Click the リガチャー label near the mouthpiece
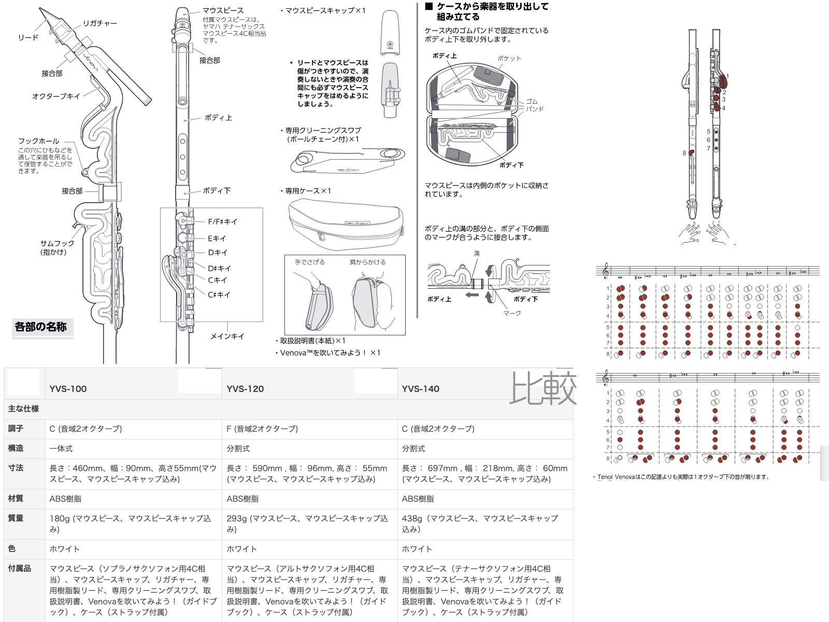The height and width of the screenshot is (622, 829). pyautogui.click(x=99, y=23)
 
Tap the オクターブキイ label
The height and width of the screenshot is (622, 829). pyautogui.click(x=56, y=96)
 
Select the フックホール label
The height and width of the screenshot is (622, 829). pyautogui.click(x=38, y=141)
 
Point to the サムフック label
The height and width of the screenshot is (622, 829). pyautogui.click(x=57, y=243)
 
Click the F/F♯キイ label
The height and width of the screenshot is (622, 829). pyautogui.click(x=223, y=221)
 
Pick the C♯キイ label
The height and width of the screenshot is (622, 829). pyautogui.click(x=219, y=294)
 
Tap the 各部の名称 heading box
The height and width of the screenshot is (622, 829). pyautogui.click(x=41, y=327)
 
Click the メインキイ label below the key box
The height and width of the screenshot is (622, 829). pyautogui.click(x=227, y=336)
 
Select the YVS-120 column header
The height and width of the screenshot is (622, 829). pyautogui.click(x=245, y=389)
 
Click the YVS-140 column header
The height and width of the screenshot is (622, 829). pyautogui.click(x=420, y=389)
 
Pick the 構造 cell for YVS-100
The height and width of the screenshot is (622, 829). pyautogui.click(x=61, y=448)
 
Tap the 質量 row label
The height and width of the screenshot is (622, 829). pyautogui.click(x=16, y=518)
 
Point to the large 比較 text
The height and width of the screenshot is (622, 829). pyautogui.click(x=542, y=388)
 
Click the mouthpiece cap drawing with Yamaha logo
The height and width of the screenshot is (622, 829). pyautogui.click(x=391, y=32)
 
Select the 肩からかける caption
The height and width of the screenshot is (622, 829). pyautogui.click(x=367, y=262)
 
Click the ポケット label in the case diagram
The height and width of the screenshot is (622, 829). pyautogui.click(x=509, y=59)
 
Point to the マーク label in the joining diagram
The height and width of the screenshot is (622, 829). pyautogui.click(x=512, y=313)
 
